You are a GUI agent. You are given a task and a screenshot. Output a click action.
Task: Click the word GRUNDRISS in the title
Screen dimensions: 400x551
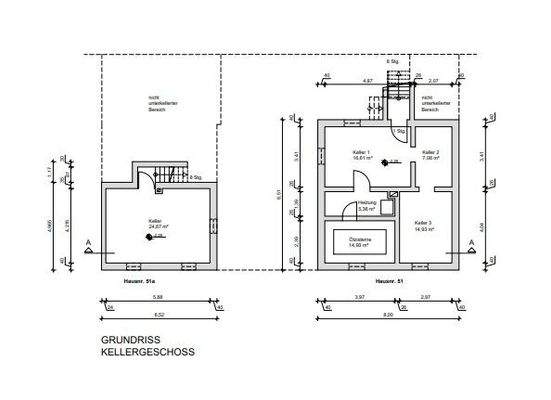[x=125, y=340]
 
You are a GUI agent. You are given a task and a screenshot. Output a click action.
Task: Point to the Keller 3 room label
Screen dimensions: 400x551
[x=423, y=224]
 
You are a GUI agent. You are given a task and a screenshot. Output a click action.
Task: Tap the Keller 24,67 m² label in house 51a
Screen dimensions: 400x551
[x=157, y=222]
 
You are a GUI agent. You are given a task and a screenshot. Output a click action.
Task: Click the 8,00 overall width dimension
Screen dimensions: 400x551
[x=386, y=314]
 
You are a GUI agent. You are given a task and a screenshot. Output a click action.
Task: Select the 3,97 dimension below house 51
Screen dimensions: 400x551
[x=359, y=297]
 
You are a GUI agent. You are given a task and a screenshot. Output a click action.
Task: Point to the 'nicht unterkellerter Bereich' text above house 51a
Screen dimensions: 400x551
[x=151, y=102]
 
